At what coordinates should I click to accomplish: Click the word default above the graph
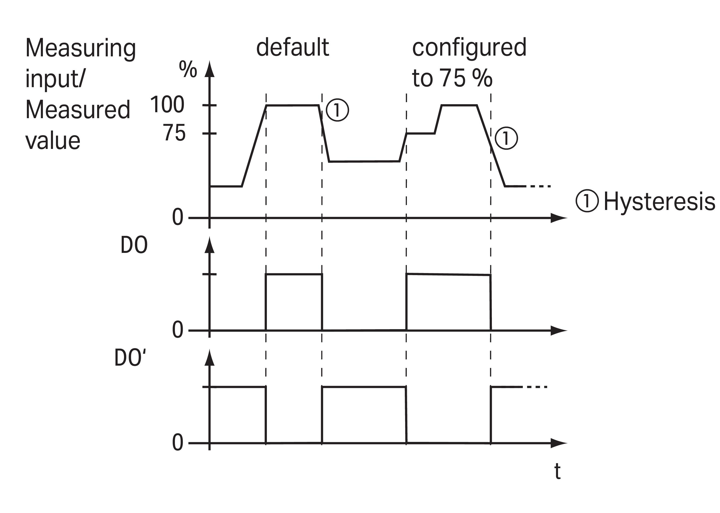[x=292, y=47]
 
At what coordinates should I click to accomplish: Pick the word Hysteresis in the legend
[x=659, y=202]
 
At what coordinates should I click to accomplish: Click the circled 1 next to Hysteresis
[x=587, y=201]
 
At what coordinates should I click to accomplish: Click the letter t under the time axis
[x=558, y=472]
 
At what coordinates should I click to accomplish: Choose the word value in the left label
[x=53, y=141]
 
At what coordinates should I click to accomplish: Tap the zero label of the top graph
[x=177, y=217]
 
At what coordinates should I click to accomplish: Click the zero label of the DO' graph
[x=177, y=443]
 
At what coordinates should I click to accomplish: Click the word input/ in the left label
[x=55, y=79]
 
